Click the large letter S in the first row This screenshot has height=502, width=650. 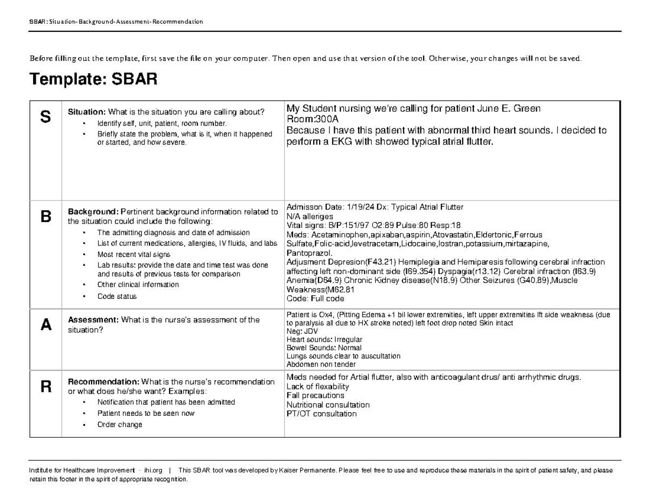[x=45, y=117]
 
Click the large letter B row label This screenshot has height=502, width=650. [x=45, y=217]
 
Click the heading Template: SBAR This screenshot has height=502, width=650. [x=94, y=81]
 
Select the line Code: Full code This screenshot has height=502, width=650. [x=311, y=298]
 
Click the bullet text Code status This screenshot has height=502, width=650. [x=117, y=297]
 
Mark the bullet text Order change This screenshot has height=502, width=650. [x=120, y=425]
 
